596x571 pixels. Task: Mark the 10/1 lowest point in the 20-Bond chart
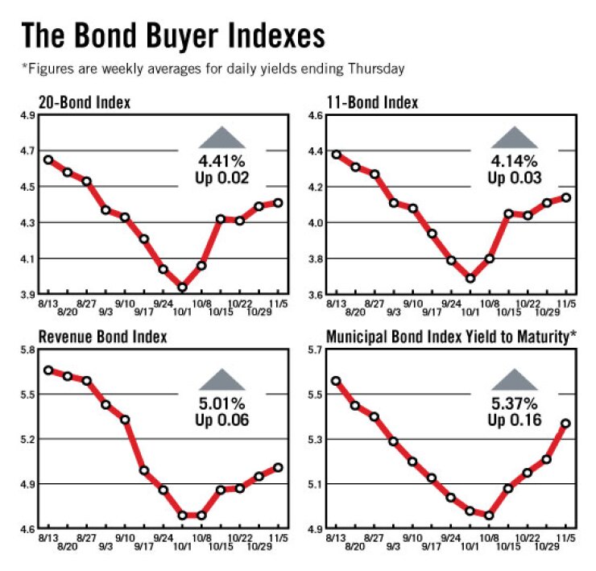183,287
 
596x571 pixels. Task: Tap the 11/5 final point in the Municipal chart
566,423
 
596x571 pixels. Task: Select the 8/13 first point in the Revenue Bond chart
48,370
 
